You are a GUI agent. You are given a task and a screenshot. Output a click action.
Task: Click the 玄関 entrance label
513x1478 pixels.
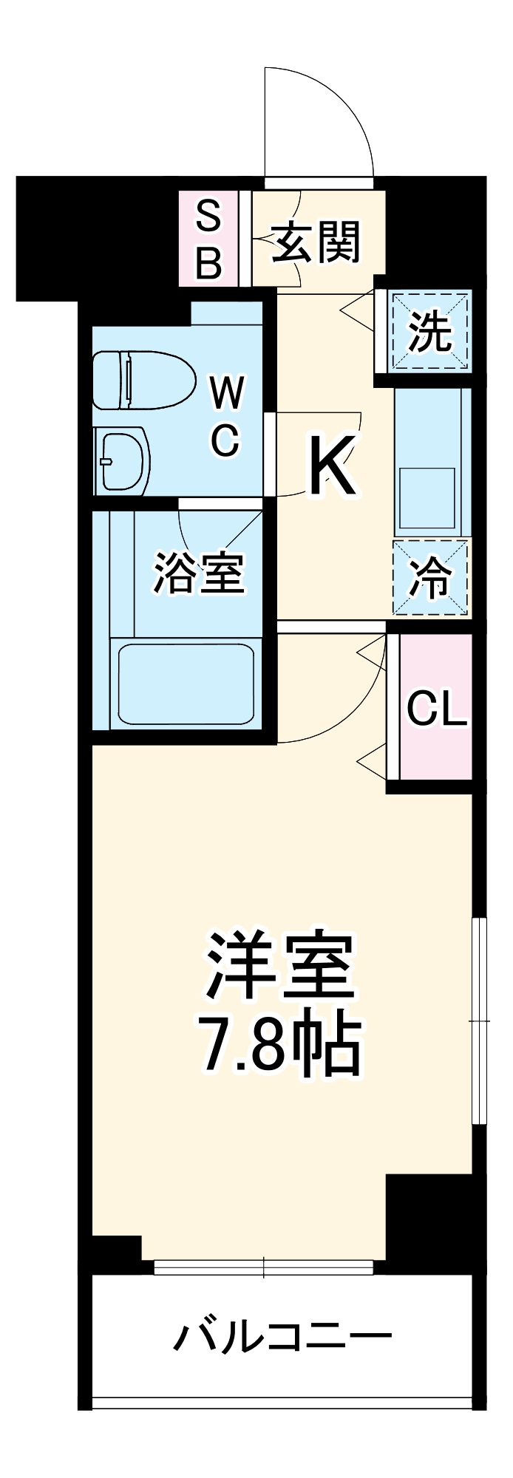point(316,242)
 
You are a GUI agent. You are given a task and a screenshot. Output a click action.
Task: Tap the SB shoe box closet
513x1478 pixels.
point(208,239)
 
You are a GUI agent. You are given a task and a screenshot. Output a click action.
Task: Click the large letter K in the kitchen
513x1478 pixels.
point(332,466)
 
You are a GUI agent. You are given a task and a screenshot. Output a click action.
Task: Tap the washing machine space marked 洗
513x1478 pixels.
point(430,331)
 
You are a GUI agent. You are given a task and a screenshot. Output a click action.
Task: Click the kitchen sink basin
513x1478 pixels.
point(428,498)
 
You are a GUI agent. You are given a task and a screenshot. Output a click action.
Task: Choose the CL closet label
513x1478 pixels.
point(437,710)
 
